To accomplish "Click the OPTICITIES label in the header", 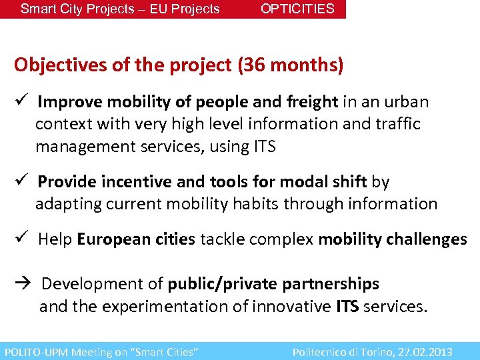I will pyautogui.click(x=297, y=9).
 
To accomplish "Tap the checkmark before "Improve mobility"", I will pyautogui.click(x=21, y=102).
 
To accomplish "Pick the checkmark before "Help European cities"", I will pyautogui.click(x=21, y=239).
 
